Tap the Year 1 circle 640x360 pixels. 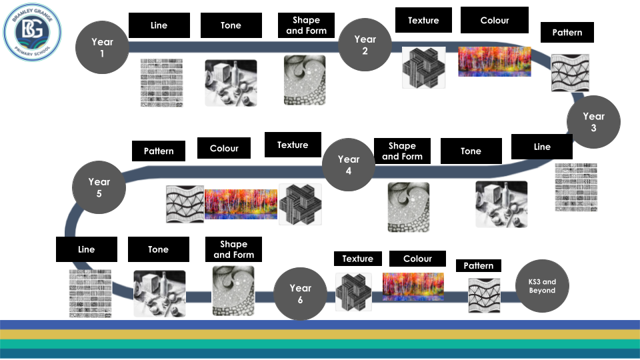[x=103, y=47]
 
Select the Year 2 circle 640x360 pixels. [x=365, y=45]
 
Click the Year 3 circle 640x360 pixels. [x=593, y=121]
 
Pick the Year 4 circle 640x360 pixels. [x=349, y=165]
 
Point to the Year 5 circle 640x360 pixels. [x=99, y=187]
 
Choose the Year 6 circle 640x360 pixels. [x=301, y=294]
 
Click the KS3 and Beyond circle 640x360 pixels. [x=542, y=286]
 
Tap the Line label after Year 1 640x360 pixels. [x=159, y=25]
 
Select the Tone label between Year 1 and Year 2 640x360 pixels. [x=231, y=25]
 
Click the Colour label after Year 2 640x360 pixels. [x=495, y=20]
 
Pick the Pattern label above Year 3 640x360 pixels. [x=567, y=32]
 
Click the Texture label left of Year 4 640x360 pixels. [x=293, y=145]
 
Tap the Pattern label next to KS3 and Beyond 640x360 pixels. [x=478, y=265]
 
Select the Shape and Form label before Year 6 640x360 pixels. [x=233, y=249]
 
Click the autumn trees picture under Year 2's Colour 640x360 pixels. [x=495, y=61]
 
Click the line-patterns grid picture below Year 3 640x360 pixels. [x=576, y=187]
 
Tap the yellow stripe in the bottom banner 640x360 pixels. [x=320, y=334]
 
